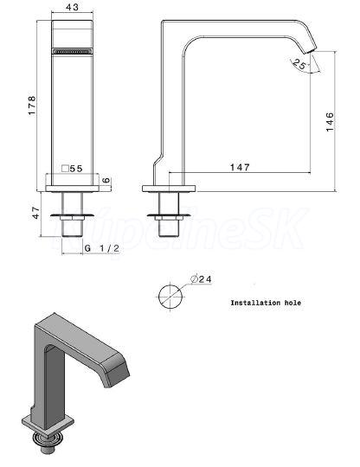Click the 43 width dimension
click(72, 7)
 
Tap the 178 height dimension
click(32, 106)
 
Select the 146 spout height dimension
click(330, 122)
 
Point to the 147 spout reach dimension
click(240, 167)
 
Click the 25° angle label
click(300, 64)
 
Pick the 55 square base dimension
click(75, 169)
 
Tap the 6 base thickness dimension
click(106, 180)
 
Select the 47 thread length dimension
click(35, 213)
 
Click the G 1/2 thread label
click(101, 248)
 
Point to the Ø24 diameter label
click(201, 279)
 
